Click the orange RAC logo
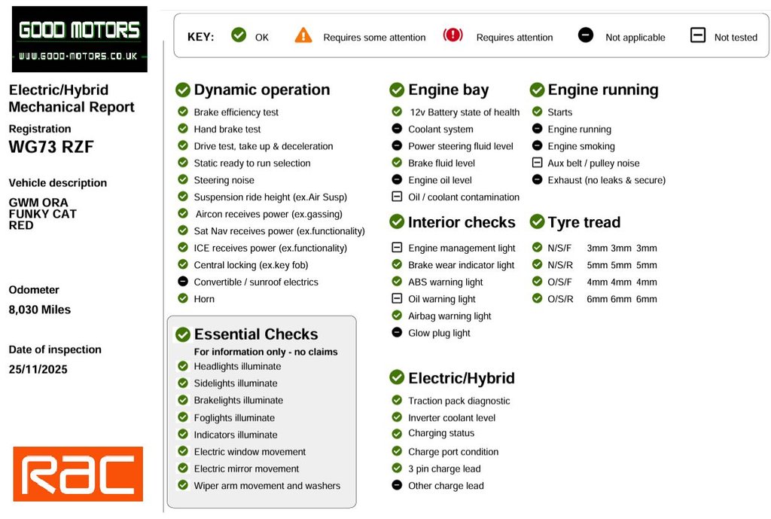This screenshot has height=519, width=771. [x=78, y=474]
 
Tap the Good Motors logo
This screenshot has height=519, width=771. [x=79, y=39]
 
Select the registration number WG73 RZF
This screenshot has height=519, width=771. [x=51, y=147]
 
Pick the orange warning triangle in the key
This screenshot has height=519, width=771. [x=303, y=35]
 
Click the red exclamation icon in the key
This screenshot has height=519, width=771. [x=453, y=35]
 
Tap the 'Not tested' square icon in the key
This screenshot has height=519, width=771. [x=697, y=35]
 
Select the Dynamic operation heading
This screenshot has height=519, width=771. [x=261, y=90]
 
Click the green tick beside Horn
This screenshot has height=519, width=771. [x=182, y=299]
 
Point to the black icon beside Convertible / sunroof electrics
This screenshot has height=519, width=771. [x=182, y=282]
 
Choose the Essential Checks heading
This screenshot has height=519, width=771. [x=255, y=334]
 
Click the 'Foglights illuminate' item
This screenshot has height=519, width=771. [x=234, y=418]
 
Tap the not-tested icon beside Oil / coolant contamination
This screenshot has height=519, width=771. [x=397, y=197]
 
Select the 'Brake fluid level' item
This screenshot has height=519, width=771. [x=441, y=163]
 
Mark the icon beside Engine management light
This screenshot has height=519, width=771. [x=397, y=248]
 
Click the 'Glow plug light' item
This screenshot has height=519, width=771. [x=439, y=333]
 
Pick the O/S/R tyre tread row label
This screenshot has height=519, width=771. [x=559, y=299]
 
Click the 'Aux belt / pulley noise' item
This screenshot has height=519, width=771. [x=593, y=163]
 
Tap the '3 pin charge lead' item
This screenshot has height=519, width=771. [x=444, y=469]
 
